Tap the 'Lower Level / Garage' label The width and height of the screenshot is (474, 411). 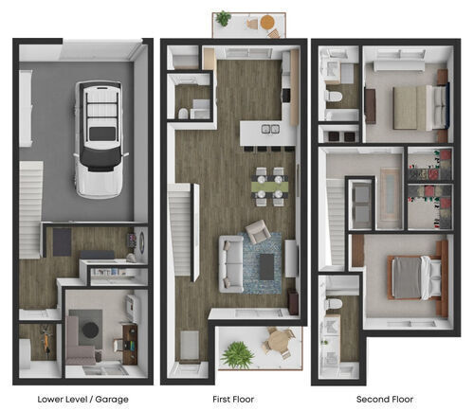[82, 399]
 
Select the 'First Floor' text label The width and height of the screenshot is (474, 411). [234, 399]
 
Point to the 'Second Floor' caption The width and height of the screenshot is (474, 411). [384, 399]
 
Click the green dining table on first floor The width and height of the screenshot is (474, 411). [268, 188]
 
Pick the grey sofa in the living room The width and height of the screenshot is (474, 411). [230, 261]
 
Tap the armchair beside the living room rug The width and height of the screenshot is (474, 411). [257, 231]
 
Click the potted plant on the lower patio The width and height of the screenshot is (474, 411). [237, 354]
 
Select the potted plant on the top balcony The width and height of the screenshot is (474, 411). [224, 18]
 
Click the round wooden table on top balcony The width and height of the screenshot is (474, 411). [267, 22]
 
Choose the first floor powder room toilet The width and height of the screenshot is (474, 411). [184, 113]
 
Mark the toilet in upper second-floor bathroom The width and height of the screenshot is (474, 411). [334, 98]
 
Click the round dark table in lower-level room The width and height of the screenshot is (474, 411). [91, 330]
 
